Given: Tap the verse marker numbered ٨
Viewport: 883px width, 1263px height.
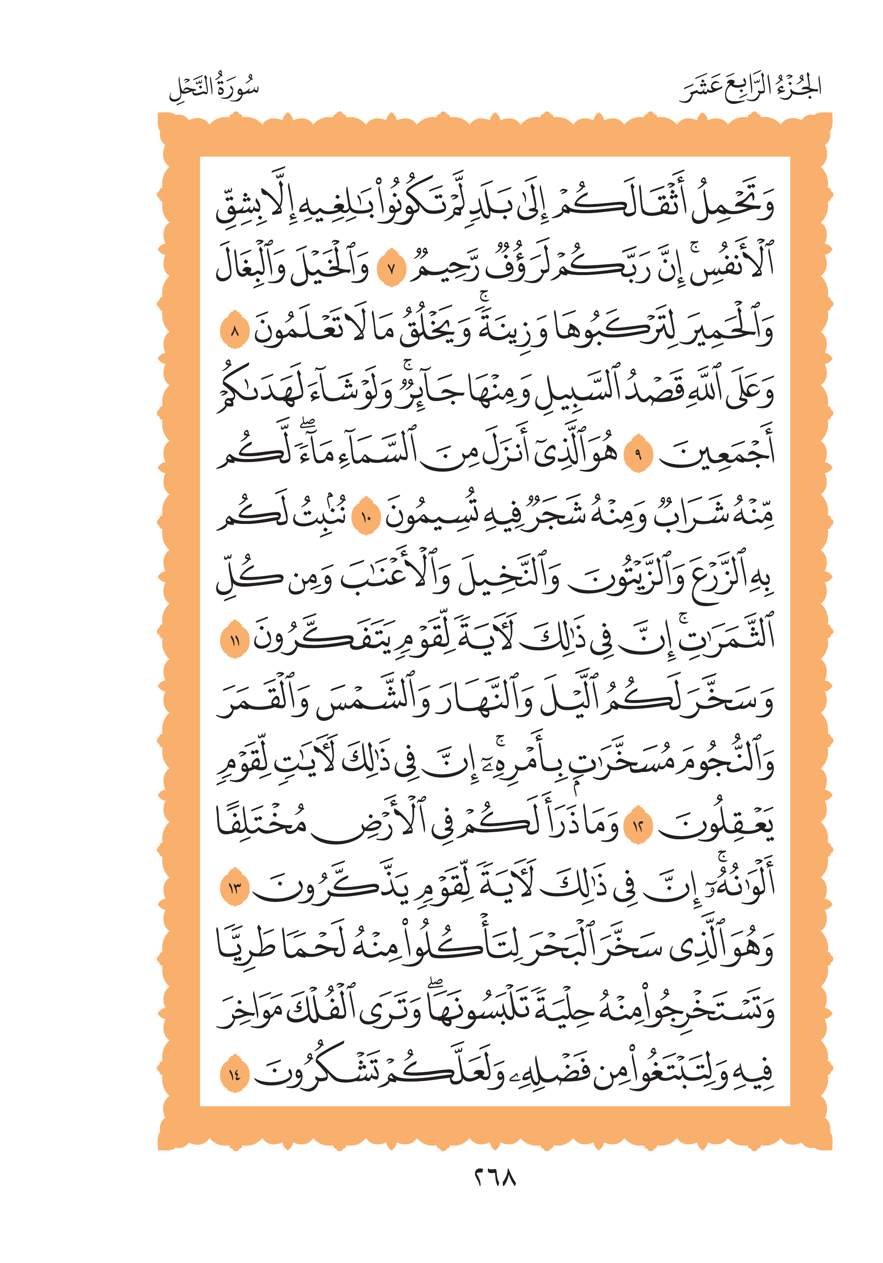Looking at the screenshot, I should coord(235,332).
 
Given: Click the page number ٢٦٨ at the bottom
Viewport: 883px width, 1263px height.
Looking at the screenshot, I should coord(495,1178).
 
